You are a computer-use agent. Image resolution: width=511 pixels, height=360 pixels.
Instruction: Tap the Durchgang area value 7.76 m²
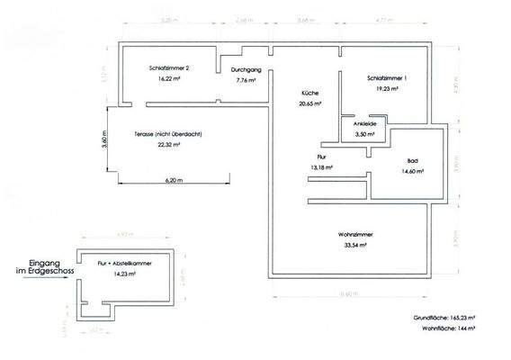point(244,79)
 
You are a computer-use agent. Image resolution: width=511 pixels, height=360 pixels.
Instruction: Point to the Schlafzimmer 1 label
point(388,78)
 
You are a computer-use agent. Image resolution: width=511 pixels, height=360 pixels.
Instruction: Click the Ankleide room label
point(363,123)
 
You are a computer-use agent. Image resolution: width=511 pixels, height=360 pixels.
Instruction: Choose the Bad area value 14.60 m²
point(413,170)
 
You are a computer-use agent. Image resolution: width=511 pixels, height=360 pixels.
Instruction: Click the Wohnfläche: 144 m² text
point(461,330)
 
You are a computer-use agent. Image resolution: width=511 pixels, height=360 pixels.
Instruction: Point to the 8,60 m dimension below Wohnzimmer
point(357,294)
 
